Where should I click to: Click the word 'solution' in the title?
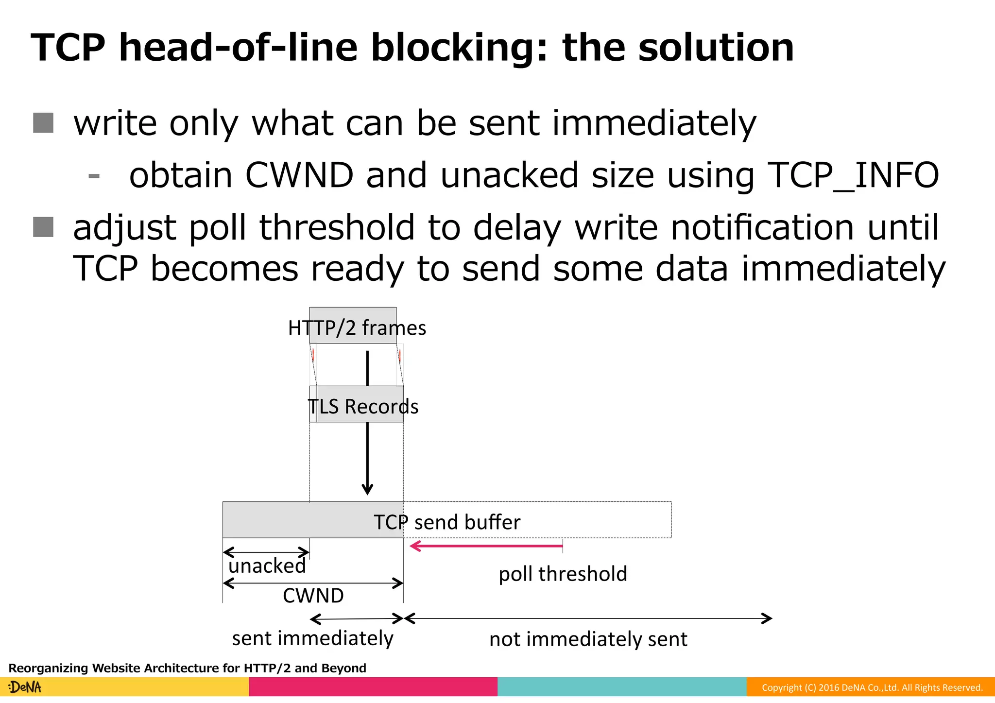pos(716,48)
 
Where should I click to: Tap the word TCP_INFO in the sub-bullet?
pos(853,175)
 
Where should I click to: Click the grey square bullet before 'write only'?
pos(43,122)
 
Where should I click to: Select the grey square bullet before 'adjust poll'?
pos(43,227)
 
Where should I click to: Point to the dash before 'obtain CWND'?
pos(94,176)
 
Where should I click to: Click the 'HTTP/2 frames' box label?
pos(357,328)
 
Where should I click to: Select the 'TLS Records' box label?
pos(363,406)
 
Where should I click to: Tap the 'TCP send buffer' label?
pos(446,522)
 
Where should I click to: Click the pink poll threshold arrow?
pos(486,546)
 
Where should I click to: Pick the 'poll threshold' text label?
pos(563,574)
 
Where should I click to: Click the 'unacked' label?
pos(267,566)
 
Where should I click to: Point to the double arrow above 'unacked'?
pos(266,552)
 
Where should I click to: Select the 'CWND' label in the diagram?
pos(313,596)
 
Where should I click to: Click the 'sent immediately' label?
pos(312,638)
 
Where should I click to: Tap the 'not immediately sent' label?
pos(588,639)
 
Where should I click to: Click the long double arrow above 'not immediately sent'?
pos(588,618)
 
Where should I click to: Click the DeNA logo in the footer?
pos(25,687)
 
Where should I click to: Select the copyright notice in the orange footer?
pos(872,687)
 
